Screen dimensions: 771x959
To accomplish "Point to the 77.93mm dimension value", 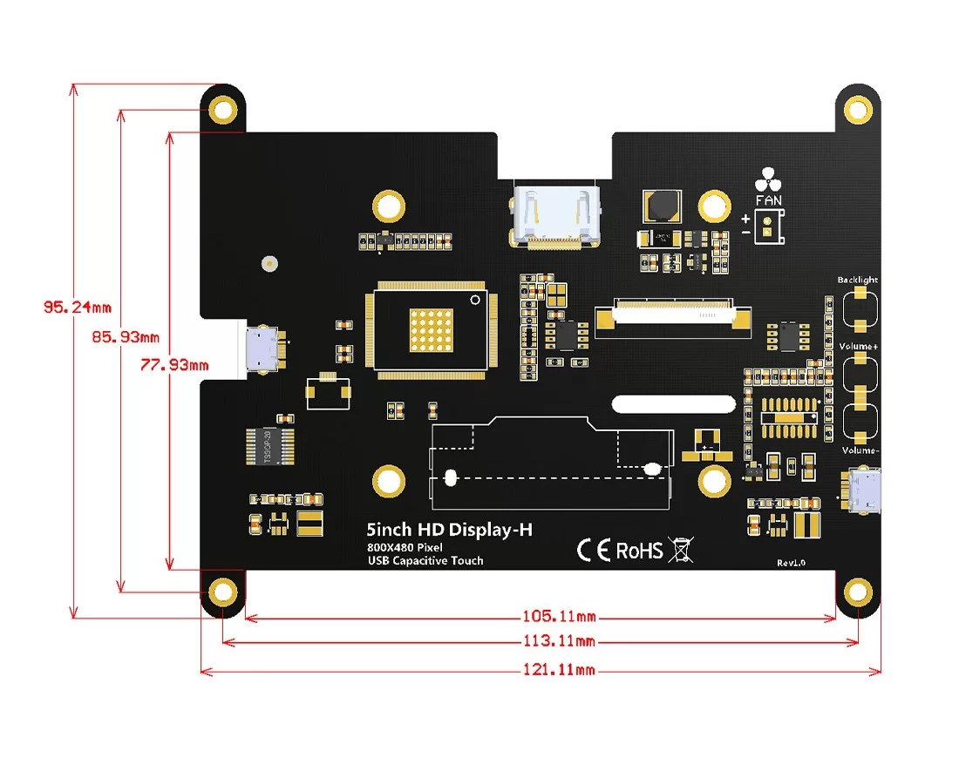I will click(x=174, y=365).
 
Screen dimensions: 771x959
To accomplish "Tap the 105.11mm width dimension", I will click(x=559, y=617).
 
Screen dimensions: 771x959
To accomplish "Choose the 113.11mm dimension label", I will click(x=559, y=642).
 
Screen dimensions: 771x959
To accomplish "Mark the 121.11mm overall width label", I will click(x=559, y=669).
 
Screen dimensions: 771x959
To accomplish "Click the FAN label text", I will click(x=769, y=200).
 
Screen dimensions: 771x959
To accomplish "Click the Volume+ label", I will click(x=858, y=347).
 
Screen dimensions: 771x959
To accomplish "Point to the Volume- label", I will click(x=860, y=450).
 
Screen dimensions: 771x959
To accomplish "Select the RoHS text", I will click(x=639, y=551).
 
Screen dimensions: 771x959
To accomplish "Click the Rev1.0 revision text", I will click(x=791, y=563).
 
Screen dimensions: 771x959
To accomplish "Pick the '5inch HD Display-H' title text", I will click(x=449, y=529).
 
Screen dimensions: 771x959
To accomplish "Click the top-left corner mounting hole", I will click(x=224, y=110).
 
